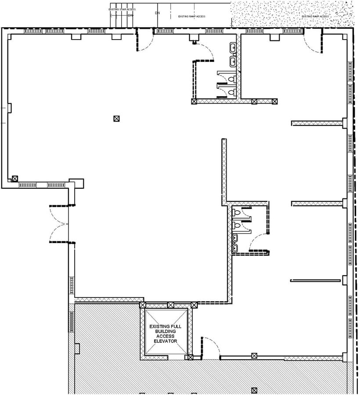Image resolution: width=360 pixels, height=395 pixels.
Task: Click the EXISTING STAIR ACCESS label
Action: (122, 9)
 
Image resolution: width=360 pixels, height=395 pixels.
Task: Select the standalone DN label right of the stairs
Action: (157, 13)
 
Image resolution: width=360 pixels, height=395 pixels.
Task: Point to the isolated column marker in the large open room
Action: (116, 118)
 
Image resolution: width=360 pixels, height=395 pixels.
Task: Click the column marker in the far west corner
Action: (15, 179)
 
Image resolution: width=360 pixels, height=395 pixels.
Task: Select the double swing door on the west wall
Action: (59, 224)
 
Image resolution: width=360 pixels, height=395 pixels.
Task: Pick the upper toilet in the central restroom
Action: (237, 212)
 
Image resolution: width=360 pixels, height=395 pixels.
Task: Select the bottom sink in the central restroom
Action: (235, 248)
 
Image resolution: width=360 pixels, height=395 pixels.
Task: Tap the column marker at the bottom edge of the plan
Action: (254, 390)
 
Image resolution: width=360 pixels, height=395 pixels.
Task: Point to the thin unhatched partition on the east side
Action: (316, 280)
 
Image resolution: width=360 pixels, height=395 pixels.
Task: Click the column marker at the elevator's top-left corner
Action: (142, 305)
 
